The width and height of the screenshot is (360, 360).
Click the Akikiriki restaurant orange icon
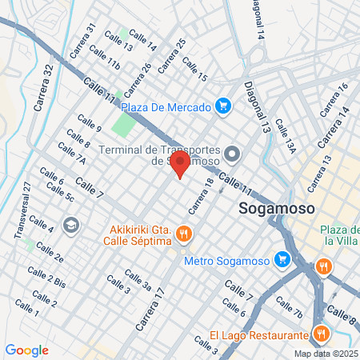coord(184,234)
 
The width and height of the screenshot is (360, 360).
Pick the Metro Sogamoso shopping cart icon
coord(282,260)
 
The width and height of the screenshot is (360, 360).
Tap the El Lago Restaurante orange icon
coord(322,334)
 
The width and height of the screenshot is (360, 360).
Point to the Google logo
coord(27,350)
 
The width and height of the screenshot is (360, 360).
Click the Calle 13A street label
coord(286,136)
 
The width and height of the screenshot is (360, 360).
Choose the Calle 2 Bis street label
coord(47,281)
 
